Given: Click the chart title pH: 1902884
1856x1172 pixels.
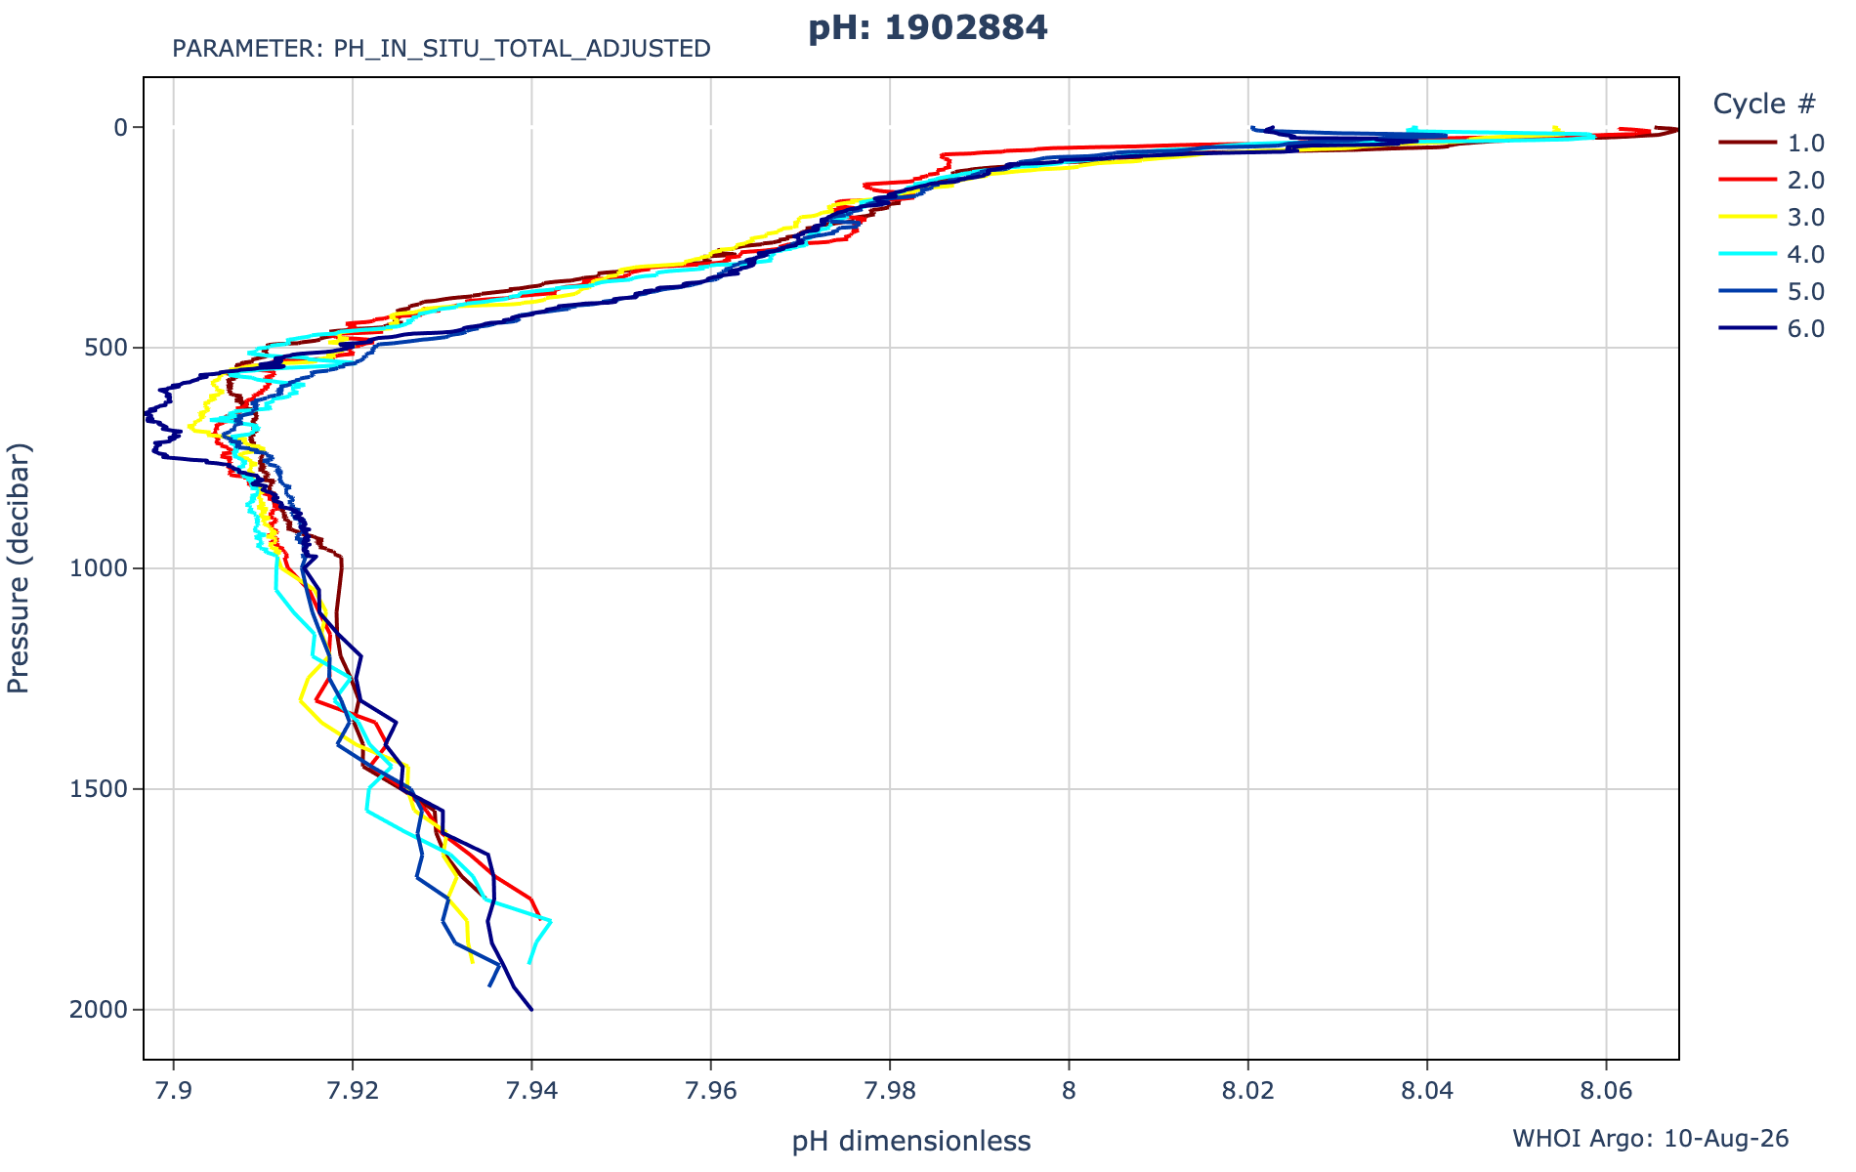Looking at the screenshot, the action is click(x=927, y=28).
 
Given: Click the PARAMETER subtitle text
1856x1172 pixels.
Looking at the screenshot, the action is click(x=442, y=49).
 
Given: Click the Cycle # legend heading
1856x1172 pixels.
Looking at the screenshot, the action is click(x=1765, y=104).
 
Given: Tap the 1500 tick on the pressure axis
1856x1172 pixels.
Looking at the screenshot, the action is click(x=102, y=789).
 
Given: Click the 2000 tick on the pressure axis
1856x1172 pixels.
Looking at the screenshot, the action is click(x=102, y=1010).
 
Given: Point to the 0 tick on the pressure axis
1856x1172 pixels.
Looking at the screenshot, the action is click(x=122, y=127).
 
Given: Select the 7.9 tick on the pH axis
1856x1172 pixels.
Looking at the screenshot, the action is click(x=174, y=1090).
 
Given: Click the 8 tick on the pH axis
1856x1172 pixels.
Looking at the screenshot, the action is click(x=1069, y=1090).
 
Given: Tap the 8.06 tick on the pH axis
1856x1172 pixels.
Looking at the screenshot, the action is click(x=1606, y=1090).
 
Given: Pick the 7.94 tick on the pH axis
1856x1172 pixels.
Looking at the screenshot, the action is click(x=531, y=1090).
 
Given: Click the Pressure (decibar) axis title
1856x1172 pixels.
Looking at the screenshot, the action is click(x=19, y=568).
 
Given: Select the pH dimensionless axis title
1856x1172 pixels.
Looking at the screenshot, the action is click(x=911, y=1141).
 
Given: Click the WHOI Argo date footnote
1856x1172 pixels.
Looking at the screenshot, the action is click(x=1651, y=1138).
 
